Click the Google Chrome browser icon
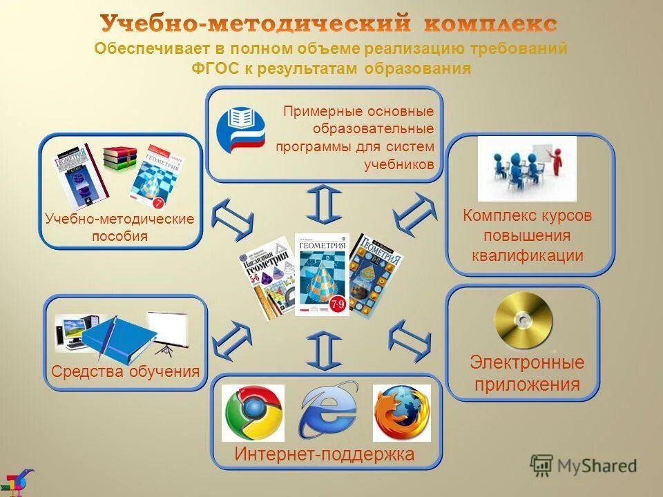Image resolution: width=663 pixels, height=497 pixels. pyautogui.click(x=253, y=413)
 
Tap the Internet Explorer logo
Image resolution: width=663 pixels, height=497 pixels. pyautogui.click(x=327, y=411)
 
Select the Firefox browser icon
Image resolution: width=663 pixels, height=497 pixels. pyautogui.click(x=401, y=413)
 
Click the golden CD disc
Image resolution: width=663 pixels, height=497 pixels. pyautogui.click(x=523, y=321)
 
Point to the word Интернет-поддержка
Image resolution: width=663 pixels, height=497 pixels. pyautogui.click(x=324, y=454)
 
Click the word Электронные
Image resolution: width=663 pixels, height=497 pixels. pyautogui.click(x=526, y=362)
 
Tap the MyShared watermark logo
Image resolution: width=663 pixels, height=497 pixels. pyautogui.click(x=584, y=465)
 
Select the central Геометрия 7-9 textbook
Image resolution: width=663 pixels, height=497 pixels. pyautogui.click(x=322, y=274)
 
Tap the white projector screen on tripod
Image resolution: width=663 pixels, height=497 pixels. pyautogui.click(x=168, y=328)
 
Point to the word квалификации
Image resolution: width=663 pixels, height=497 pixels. pyautogui.click(x=528, y=255)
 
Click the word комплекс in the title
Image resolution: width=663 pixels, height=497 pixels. pyautogui.click(x=490, y=24)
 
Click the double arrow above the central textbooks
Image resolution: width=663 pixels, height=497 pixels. pyautogui.click(x=323, y=203)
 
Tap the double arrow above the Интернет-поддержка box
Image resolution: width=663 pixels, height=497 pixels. pyautogui.click(x=323, y=350)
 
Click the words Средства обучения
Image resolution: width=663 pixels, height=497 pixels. pyautogui.click(x=125, y=371)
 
